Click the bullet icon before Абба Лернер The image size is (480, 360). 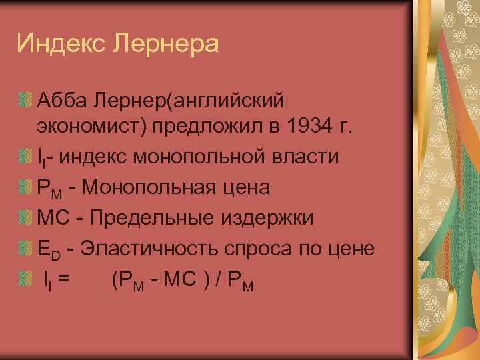coord(26,101)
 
